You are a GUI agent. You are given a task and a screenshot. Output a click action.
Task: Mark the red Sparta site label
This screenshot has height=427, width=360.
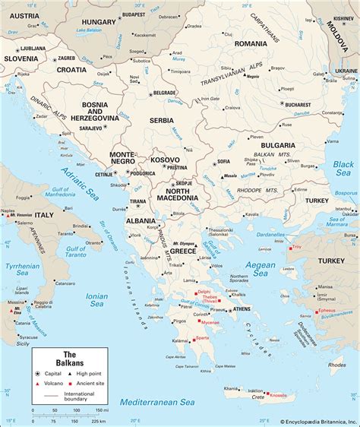click(x=202, y=337)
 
